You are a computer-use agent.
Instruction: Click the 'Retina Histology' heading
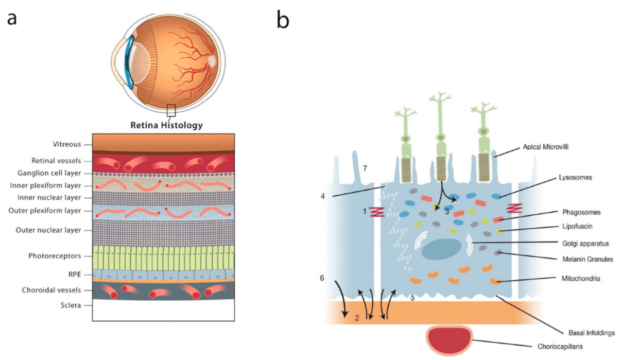(x=166, y=124)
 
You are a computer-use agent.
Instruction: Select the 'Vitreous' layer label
(x=67, y=144)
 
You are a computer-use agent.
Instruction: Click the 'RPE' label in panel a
(x=74, y=274)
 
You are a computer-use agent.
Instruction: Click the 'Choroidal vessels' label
(x=52, y=290)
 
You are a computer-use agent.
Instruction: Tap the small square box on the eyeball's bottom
(x=171, y=110)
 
